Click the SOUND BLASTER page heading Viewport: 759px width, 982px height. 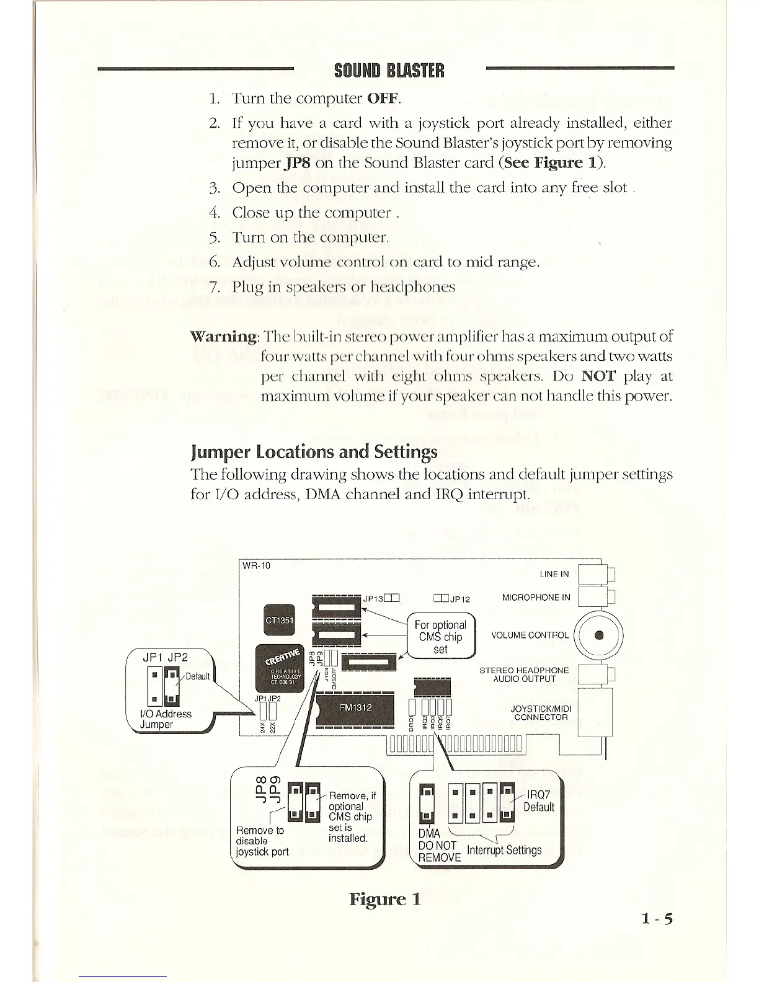click(389, 71)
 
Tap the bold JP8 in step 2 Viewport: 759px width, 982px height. click(299, 163)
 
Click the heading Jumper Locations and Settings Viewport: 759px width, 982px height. click(314, 451)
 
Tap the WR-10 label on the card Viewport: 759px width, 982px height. click(255, 565)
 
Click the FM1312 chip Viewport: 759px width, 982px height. click(355, 708)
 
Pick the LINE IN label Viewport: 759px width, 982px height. click(554, 574)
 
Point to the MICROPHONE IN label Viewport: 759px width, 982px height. click(535, 598)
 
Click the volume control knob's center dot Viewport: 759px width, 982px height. click(598, 635)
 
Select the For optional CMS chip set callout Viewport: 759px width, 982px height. click(440, 637)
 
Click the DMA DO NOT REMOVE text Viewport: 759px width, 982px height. click(438, 846)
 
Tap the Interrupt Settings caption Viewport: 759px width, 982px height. click(504, 850)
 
